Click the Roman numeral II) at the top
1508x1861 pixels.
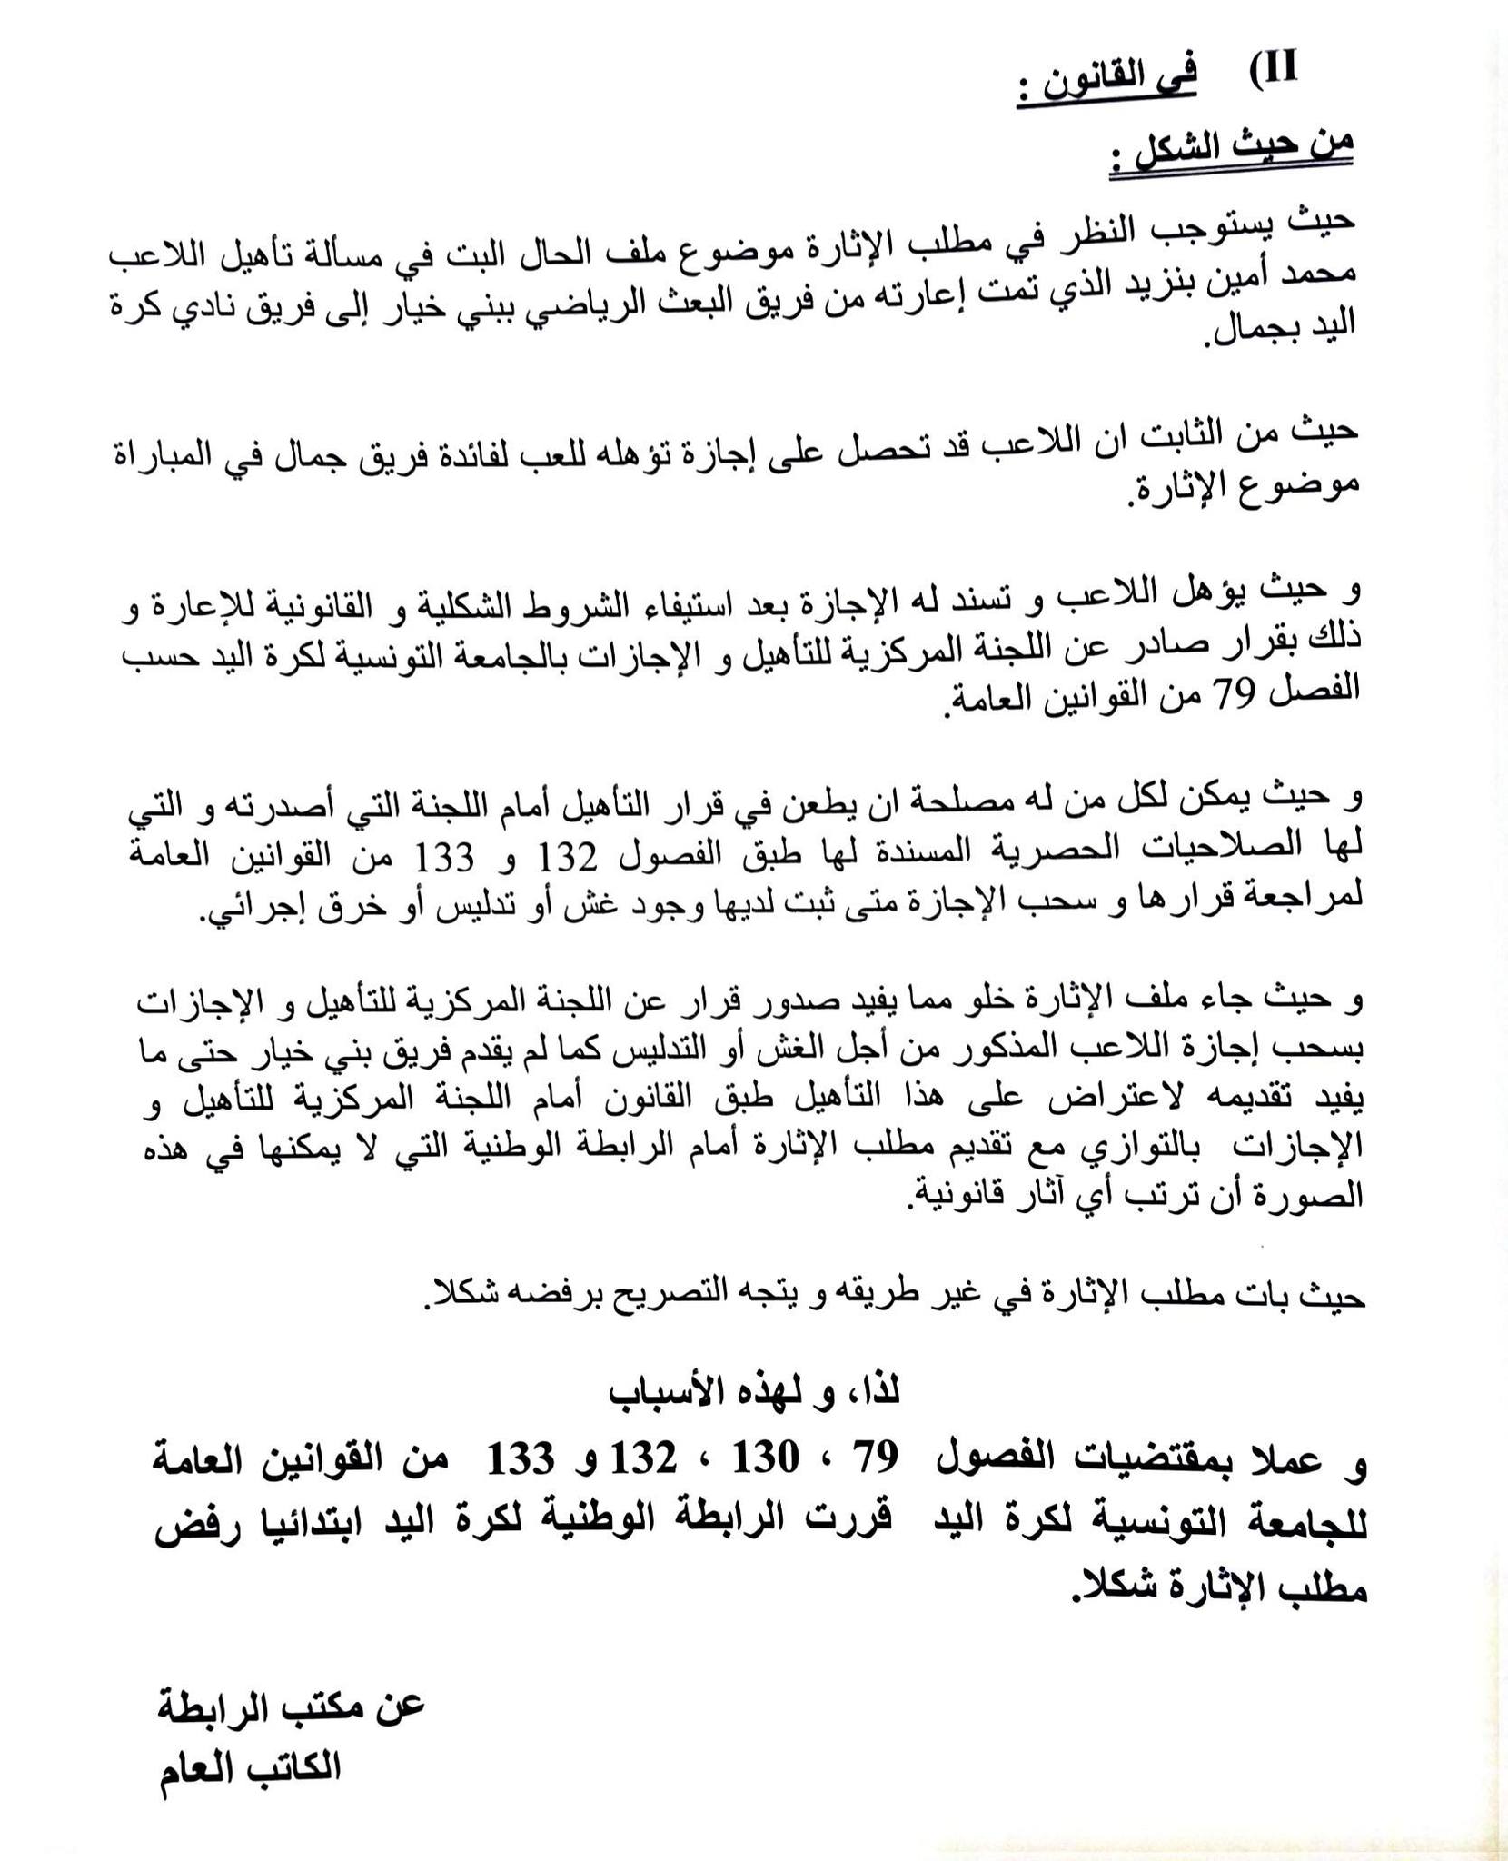pos(1273,70)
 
